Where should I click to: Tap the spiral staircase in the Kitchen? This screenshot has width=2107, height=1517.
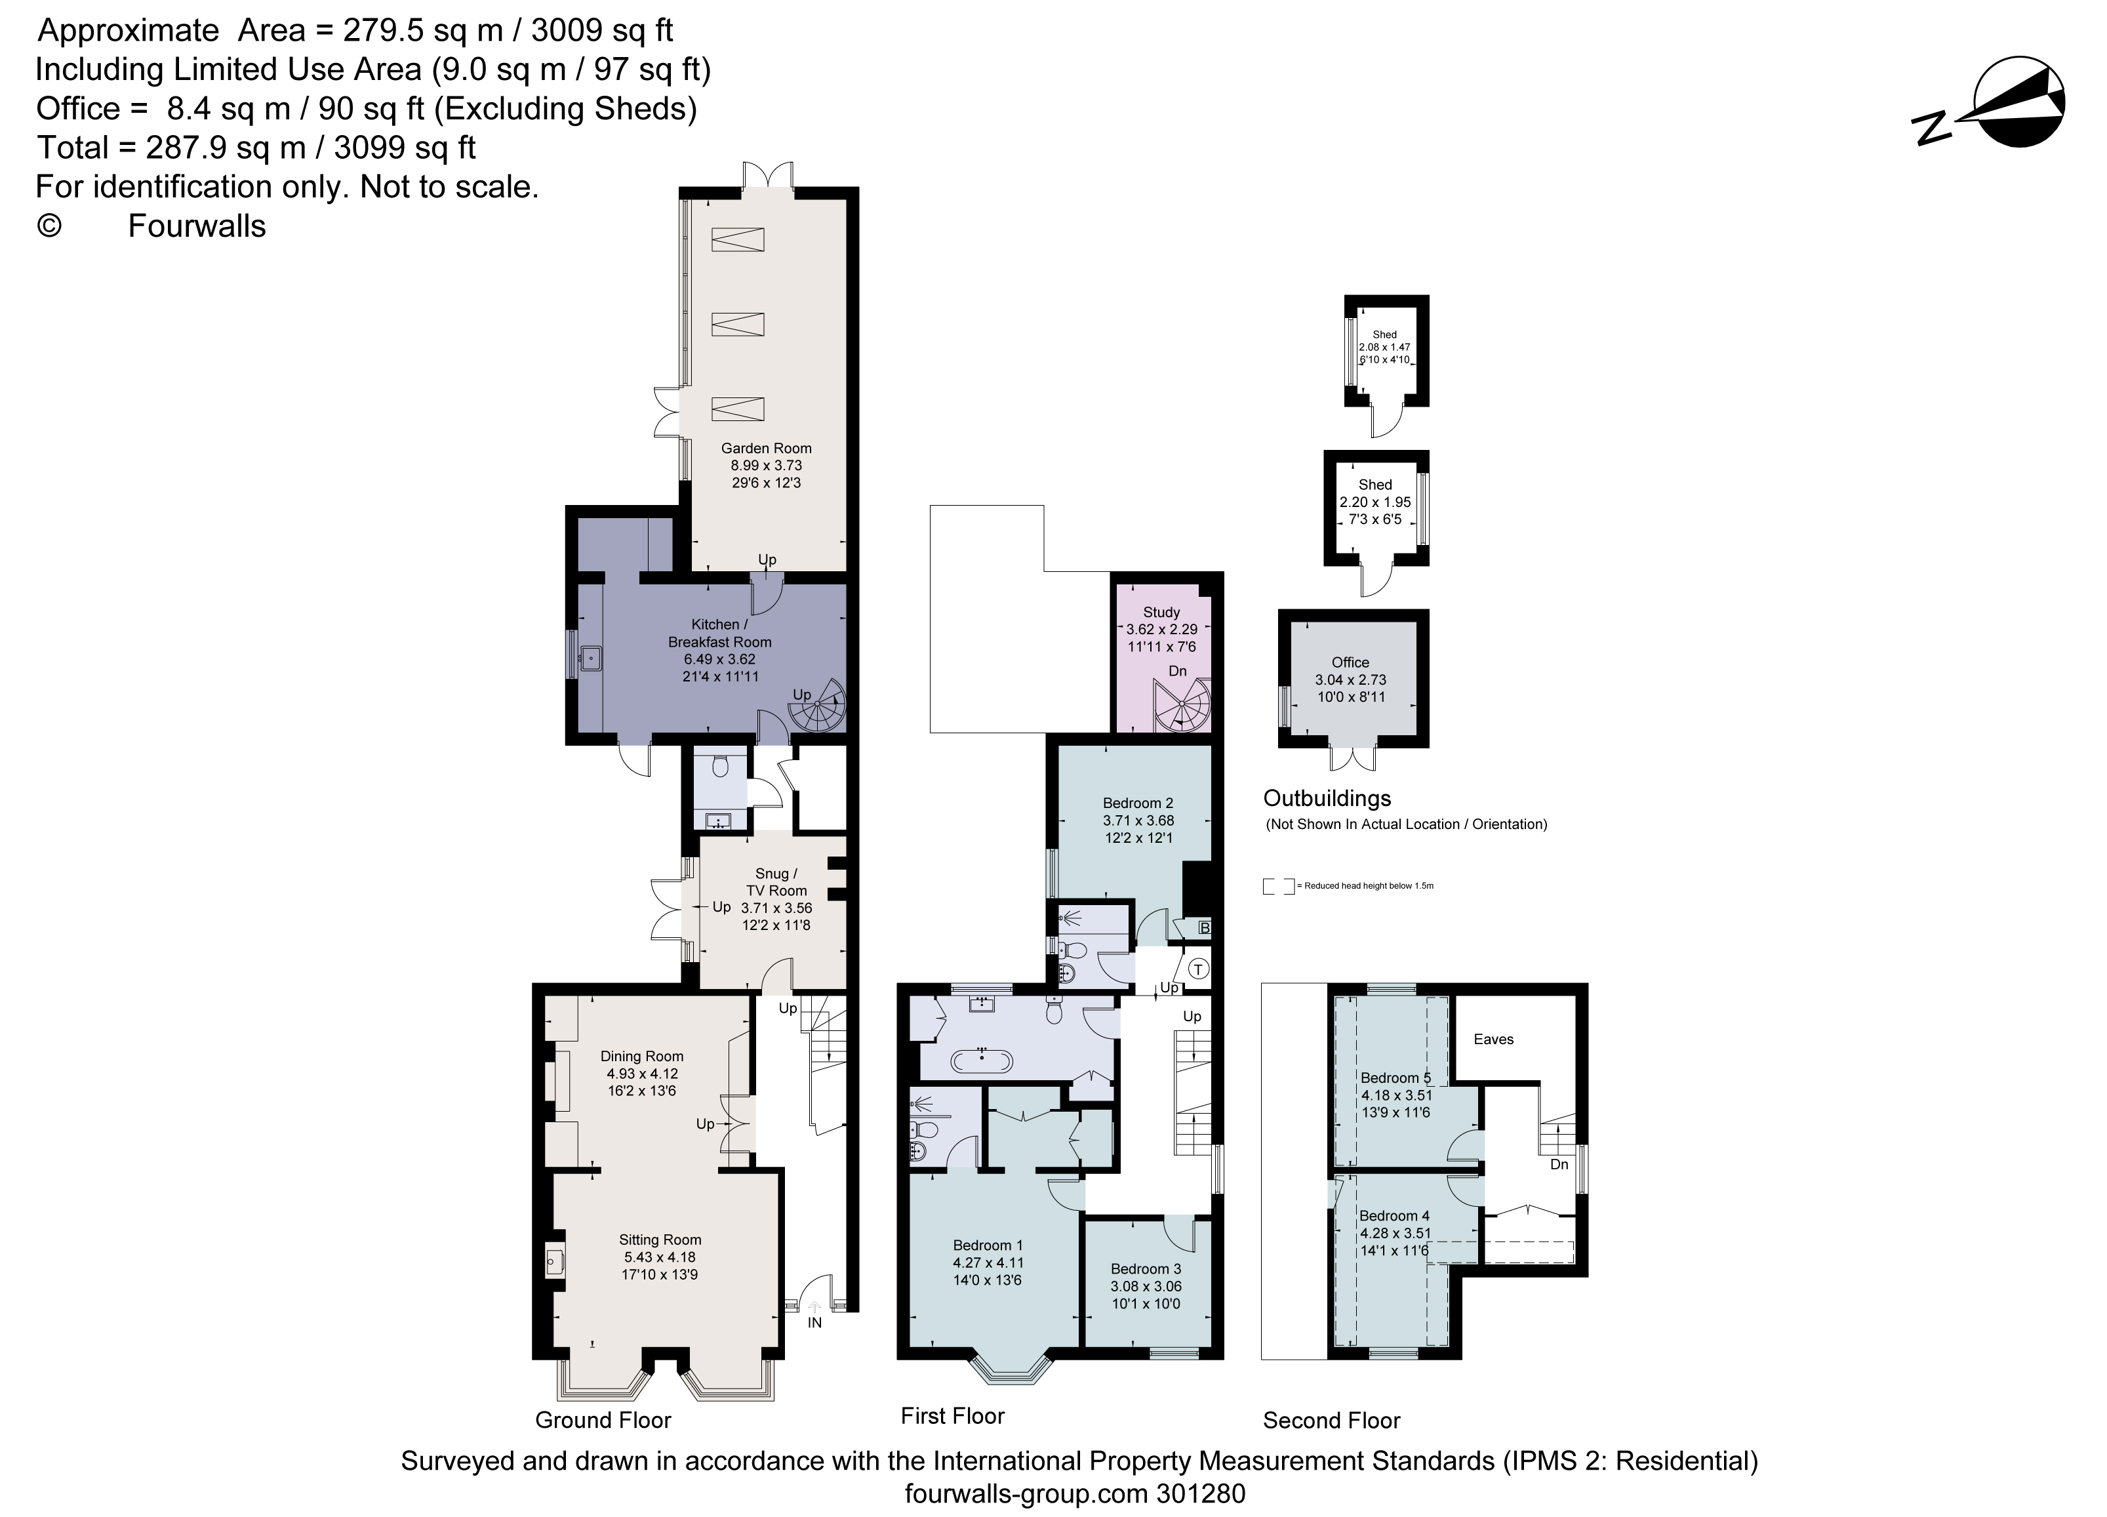[x=818, y=711]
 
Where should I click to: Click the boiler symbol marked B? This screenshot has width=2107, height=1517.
[x=1204, y=928]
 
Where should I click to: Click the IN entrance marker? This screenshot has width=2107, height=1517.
[x=814, y=1322]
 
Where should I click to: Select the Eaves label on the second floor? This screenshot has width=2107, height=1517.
[x=1493, y=1040]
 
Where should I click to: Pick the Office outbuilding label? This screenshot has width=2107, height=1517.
[x=1350, y=662]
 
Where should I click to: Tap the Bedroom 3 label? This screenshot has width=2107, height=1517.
[x=1146, y=1269]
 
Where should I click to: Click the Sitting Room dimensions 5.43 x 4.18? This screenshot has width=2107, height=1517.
[x=660, y=1257]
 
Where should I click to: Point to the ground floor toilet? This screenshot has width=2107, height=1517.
[x=721, y=767]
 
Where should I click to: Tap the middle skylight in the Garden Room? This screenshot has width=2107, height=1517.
[x=738, y=324]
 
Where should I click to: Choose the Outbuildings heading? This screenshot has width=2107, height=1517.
[x=1327, y=798]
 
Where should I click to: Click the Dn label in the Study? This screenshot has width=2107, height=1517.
[x=1177, y=671]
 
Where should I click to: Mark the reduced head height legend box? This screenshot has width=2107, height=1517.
[x=1278, y=886]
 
